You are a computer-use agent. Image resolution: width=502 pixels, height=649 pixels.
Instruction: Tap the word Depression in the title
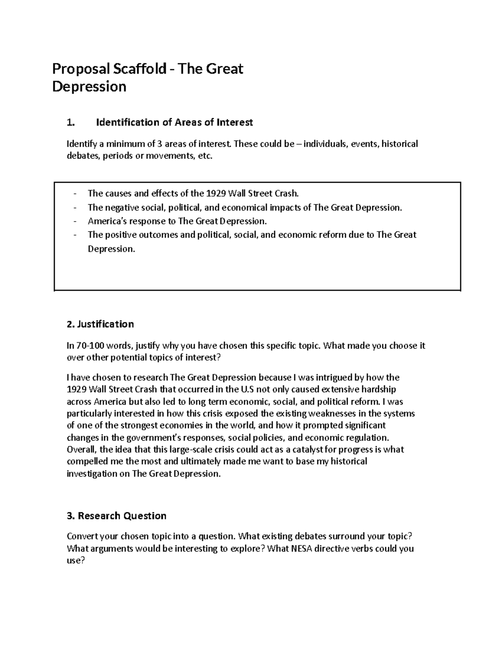(89, 87)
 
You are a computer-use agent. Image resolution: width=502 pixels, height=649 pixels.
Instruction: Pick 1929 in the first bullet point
(216, 193)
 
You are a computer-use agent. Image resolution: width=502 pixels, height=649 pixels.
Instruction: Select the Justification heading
(100, 324)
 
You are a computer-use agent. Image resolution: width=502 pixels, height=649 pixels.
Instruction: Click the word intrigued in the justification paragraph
(332, 378)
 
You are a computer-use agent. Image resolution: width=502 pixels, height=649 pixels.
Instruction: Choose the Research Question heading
(117, 516)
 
